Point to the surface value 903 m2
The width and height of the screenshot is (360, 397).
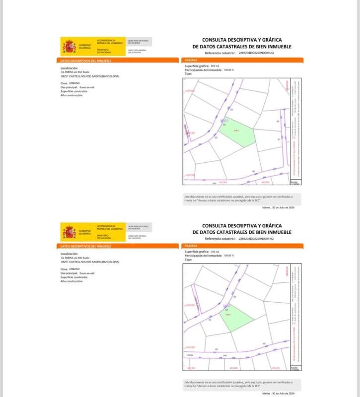[x=215, y=66]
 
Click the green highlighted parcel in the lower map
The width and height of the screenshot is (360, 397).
[x=233, y=318]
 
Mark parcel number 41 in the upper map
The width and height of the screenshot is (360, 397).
[x=279, y=139]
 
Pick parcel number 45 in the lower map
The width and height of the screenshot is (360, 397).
[x=217, y=349]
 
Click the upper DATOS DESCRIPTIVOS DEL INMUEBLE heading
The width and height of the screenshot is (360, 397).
[x=86, y=61]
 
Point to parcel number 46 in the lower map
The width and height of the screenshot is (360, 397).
[x=264, y=344]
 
